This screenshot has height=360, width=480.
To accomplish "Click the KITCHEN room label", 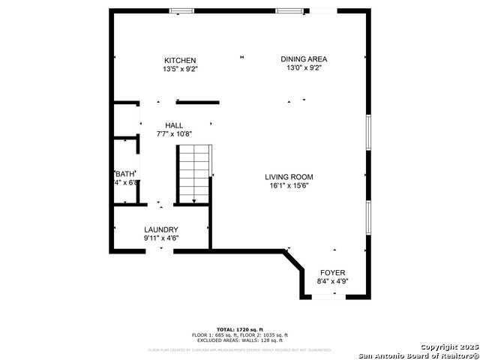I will coord(180,60).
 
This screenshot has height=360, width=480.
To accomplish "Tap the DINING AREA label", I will coord(304,59).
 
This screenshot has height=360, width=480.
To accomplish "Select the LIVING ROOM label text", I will coord(289,177).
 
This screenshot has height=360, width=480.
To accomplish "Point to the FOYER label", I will coord(333,273).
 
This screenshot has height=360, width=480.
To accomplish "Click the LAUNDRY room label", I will coord(161,229).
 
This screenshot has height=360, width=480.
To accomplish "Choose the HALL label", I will coord(174,125).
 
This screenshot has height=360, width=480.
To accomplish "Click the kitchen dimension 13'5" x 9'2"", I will coord(180,69).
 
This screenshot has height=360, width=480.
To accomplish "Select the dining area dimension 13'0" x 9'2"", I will coord(304,68).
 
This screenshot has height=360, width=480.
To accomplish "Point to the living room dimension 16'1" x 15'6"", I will coord(289,186).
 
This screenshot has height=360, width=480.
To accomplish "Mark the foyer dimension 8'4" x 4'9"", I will coord(333,282).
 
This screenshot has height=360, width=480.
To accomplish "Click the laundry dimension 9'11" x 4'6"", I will coord(161,238).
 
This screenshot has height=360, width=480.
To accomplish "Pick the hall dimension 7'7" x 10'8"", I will coord(174,134).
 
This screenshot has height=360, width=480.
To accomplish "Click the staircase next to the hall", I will coord(193,174).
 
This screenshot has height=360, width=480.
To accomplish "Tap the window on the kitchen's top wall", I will coord(180,10).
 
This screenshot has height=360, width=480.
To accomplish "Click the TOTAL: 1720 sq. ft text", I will coord(239,329).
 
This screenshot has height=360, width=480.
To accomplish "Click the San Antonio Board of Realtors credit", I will coord(418,355).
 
